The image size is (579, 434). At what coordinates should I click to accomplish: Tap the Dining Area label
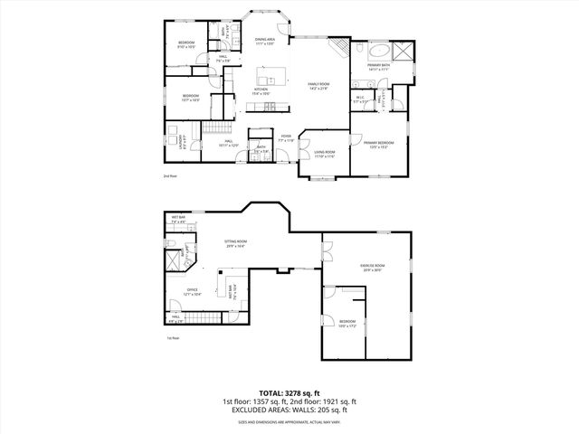pyautogui.click(x=264, y=41)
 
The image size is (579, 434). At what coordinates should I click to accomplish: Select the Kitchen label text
pyautogui.click(x=261, y=91)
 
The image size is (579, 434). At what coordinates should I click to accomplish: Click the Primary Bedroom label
pyautogui.click(x=377, y=144)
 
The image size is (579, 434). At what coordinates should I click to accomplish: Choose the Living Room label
pyautogui.click(x=324, y=154)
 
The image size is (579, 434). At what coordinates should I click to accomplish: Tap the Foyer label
pyautogui.click(x=286, y=139)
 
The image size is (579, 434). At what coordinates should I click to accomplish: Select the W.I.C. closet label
pyautogui.click(x=359, y=99)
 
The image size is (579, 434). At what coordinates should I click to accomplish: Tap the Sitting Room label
pyautogui.click(x=236, y=243)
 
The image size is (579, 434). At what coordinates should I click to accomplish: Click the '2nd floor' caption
pyautogui.click(x=169, y=175)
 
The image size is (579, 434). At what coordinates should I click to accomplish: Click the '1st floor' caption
pyautogui.click(x=172, y=338)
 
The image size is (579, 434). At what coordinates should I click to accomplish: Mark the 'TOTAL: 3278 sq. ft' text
pyautogui.click(x=289, y=392)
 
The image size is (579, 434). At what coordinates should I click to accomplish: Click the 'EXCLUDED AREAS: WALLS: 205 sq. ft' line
pyautogui.click(x=289, y=410)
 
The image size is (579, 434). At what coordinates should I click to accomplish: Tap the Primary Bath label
pyautogui.click(x=378, y=66)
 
